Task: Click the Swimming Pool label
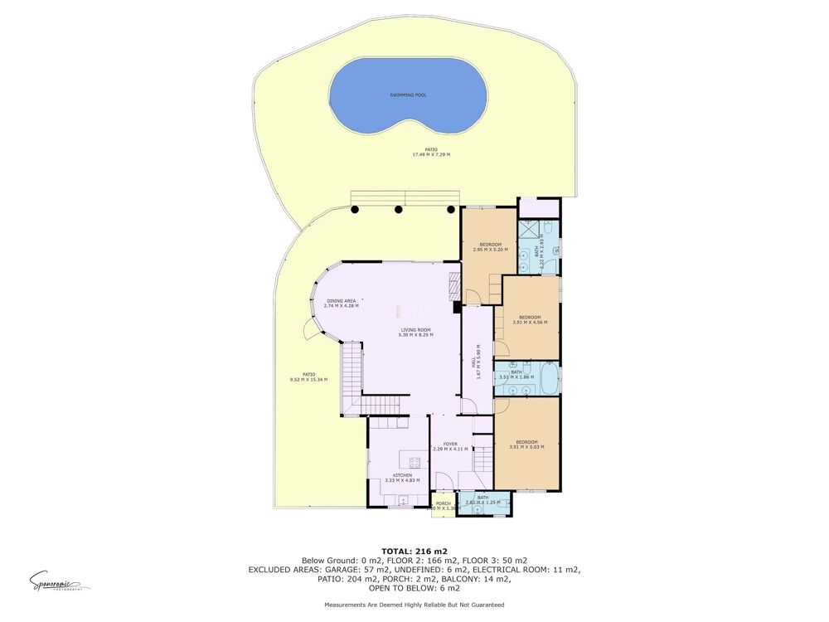(x=408, y=95)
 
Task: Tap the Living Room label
(x=415, y=331)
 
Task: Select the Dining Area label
(x=342, y=301)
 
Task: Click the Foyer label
(x=450, y=445)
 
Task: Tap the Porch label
(x=444, y=503)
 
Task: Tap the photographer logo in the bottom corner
(x=59, y=581)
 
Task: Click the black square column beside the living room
(x=457, y=308)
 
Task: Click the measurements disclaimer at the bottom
(x=414, y=605)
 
